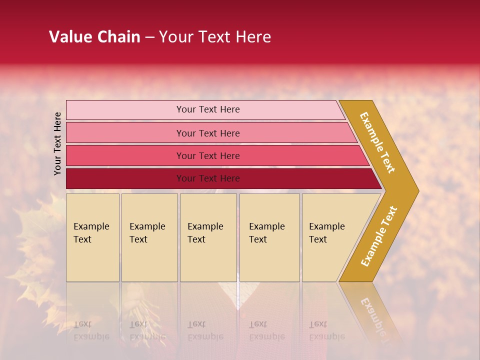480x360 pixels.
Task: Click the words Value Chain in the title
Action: (94, 37)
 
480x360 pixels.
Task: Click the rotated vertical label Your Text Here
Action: (57, 143)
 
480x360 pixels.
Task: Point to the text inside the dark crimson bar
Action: (208, 178)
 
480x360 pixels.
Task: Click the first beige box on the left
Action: (92, 237)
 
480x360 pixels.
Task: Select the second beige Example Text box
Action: (149, 237)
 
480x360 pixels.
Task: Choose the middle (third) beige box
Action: (208, 237)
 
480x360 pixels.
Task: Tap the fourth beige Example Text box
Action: (269, 237)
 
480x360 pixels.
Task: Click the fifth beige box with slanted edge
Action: (330, 237)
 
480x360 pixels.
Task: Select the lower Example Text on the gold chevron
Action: (379, 236)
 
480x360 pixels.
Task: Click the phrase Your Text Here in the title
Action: (215, 37)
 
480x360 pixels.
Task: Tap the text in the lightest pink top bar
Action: (208, 109)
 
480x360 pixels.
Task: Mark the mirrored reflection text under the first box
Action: (91, 330)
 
